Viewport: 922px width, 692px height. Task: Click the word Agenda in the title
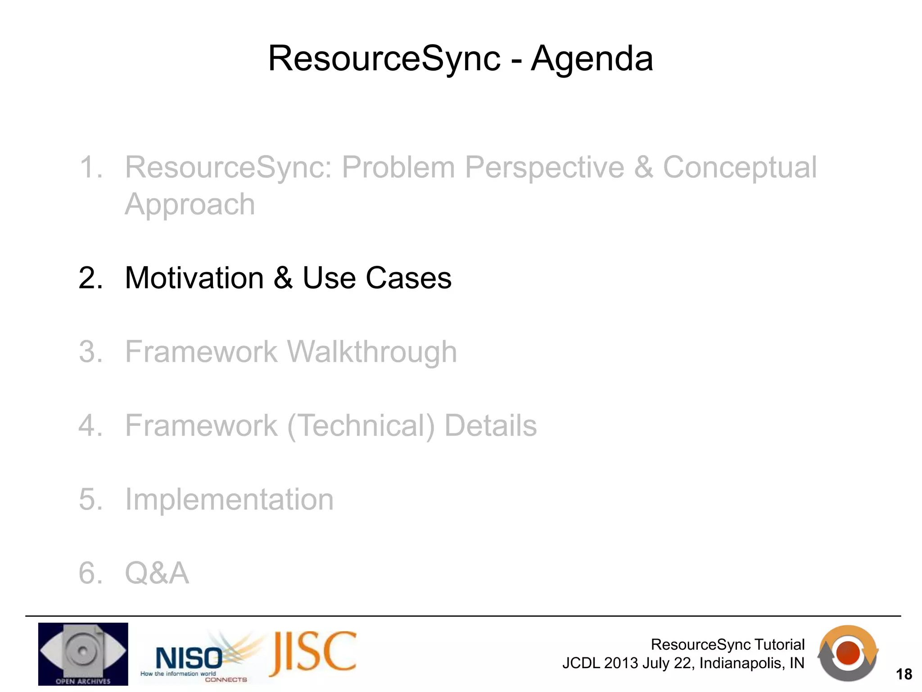coord(592,59)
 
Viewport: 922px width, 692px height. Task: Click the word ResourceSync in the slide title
coord(384,59)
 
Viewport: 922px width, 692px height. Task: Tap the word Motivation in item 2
coord(194,278)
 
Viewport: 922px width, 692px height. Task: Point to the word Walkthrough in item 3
coord(372,352)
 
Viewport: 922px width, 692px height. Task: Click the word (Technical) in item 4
coord(361,426)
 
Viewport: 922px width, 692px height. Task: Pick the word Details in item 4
coord(490,426)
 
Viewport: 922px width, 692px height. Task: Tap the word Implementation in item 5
coord(229,499)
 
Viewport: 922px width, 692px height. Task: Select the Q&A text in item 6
coord(157,573)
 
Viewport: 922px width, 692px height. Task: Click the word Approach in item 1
coord(190,205)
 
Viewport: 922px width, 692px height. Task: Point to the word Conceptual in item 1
coord(739,168)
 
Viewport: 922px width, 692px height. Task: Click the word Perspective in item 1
coord(544,168)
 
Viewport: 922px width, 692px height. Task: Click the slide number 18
coord(904,674)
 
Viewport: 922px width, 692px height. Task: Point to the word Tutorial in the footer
coord(779,644)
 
